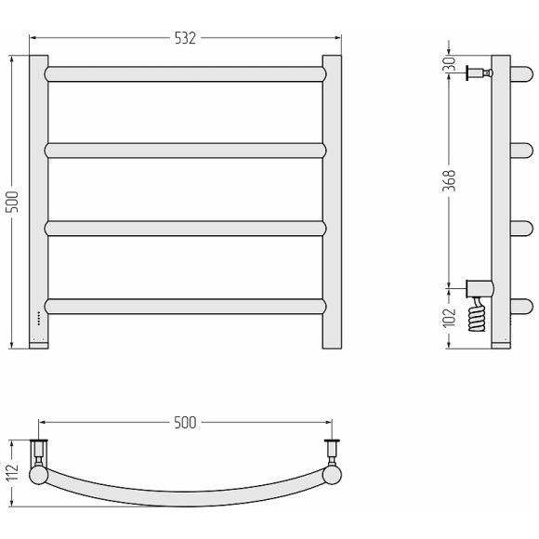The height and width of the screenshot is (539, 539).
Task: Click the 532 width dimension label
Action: pos(185,38)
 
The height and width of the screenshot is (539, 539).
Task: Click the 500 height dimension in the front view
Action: pos(12,202)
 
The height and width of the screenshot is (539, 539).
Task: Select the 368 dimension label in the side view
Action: pos(449,180)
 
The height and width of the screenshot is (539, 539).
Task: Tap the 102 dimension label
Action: pos(449,318)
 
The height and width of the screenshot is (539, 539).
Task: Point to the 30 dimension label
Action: pos(449,64)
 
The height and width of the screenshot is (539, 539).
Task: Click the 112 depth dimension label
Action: pos(12,473)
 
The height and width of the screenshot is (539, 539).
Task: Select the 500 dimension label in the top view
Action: pos(185,423)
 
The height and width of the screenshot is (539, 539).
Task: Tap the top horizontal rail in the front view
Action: pos(185,74)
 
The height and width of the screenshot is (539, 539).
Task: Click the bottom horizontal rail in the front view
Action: pos(185,307)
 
